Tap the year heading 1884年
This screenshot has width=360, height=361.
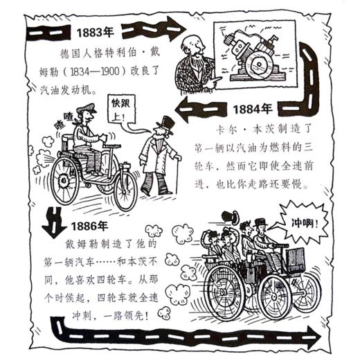(x=252, y=109)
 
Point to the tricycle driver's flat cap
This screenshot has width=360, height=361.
(x=86, y=109)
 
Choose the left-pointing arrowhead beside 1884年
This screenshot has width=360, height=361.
(x=184, y=108)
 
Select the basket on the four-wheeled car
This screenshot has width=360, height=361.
(x=295, y=258)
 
